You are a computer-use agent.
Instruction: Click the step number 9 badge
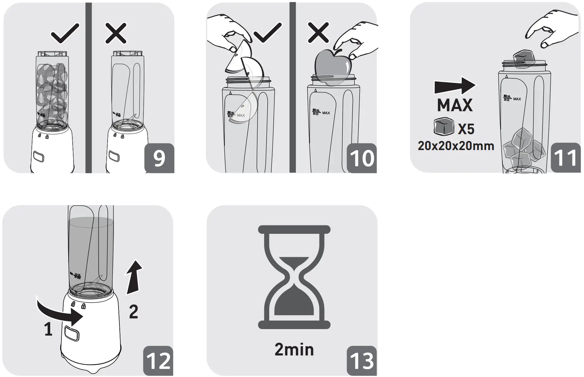(x=159, y=158)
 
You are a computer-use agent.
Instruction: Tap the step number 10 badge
(x=362, y=158)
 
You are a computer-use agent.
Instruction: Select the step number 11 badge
(x=566, y=158)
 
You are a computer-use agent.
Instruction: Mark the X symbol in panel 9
(x=116, y=33)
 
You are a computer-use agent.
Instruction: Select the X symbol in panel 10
(x=318, y=32)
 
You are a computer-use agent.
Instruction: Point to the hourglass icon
(x=294, y=277)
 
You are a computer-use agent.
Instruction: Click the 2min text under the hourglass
(x=294, y=350)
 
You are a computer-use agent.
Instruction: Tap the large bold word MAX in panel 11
(x=455, y=105)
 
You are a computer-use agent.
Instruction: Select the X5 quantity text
(x=466, y=129)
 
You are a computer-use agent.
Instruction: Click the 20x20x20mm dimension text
(x=456, y=146)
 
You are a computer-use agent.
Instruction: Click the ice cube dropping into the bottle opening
(x=524, y=59)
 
